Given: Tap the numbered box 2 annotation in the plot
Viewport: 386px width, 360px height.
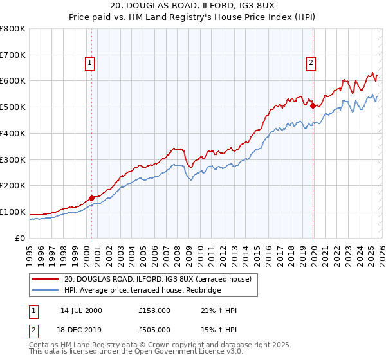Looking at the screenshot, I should pos(311,62).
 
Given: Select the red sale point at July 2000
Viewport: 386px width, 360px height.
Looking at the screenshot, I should pos(92,197).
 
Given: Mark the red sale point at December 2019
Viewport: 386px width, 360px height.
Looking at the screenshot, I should pos(313,106).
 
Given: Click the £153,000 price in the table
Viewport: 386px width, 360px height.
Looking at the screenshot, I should pos(154,310).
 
